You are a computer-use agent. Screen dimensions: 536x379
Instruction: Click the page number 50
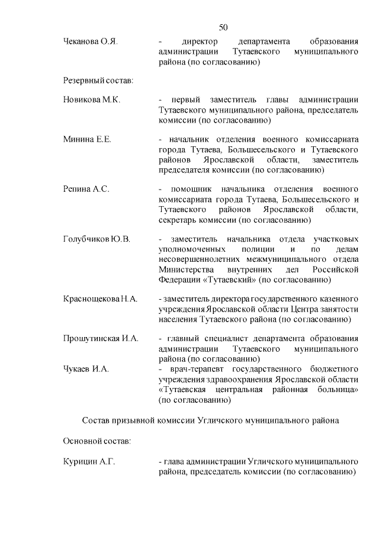click(x=223, y=27)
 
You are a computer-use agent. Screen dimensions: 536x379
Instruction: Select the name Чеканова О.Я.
click(x=91, y=42)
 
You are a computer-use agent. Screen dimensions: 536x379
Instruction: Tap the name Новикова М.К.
click(x=92, y=100)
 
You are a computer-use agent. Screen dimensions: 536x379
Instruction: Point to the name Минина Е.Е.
click(x=87, y=140)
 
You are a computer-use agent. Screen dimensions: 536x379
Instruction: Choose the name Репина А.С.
click(x=86, y=190)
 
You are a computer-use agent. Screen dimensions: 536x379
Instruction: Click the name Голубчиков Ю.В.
click(x=97, y=239)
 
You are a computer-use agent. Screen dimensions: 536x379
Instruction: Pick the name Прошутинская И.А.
click(x=101, y=339)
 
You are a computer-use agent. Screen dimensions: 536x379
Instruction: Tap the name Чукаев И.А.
click(x=86, y=369)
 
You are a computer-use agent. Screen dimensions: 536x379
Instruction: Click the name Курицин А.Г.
click(x=89, y=461)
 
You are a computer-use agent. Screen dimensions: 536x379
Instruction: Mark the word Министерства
click(x=189, y=269)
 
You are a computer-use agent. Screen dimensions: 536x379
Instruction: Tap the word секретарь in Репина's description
click(x=182, y=220)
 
